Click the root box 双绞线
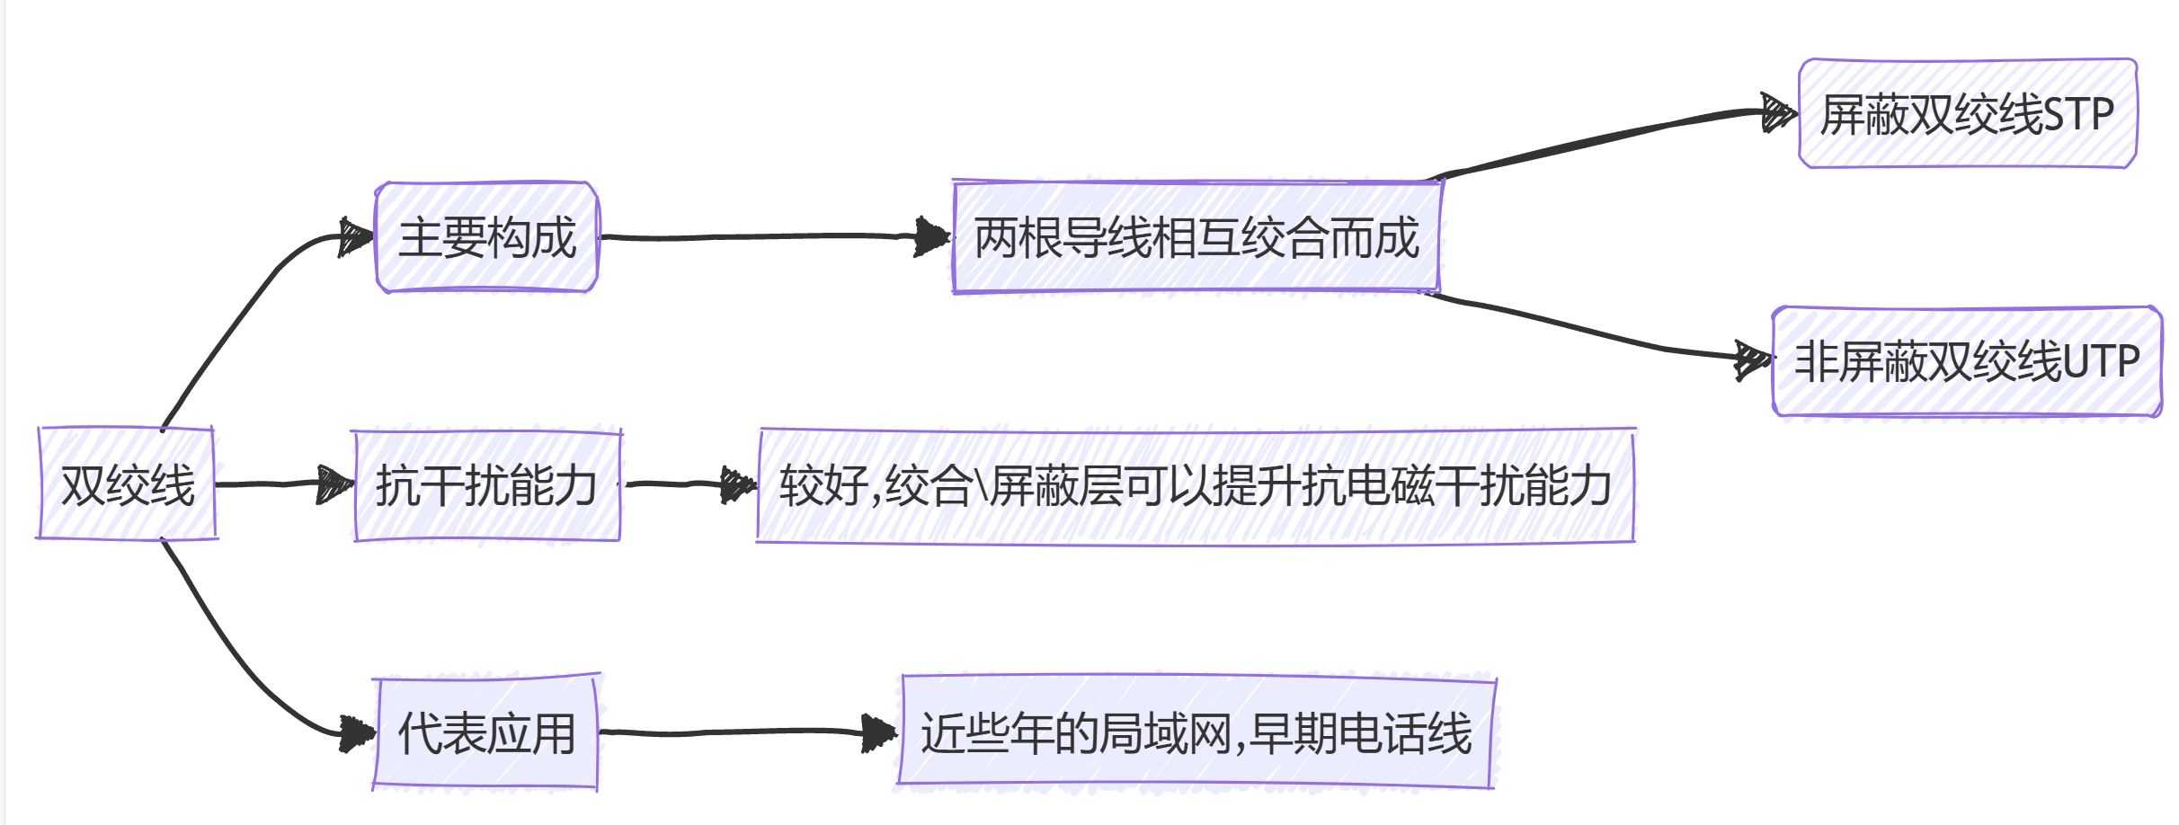127,484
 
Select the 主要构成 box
486,237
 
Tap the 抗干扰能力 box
486,485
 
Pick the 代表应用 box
486,732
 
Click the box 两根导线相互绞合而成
1196,237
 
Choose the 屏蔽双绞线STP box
1967,114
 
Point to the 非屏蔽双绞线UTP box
1967,361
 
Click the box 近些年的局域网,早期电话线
1196,732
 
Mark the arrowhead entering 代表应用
357,733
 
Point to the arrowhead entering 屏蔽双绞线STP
1779,114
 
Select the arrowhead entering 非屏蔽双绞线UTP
1753,360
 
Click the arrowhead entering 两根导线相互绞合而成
933,237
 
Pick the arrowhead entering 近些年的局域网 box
879,732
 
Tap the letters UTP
2101,362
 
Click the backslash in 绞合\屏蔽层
982,486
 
